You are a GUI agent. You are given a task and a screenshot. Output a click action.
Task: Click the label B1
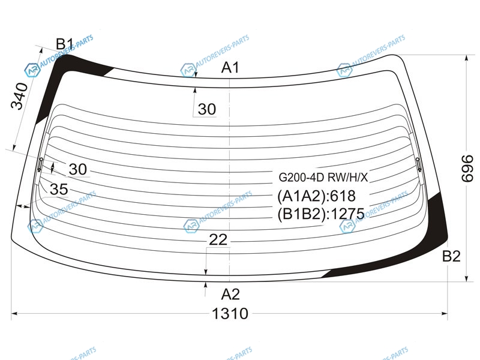pos(65,44)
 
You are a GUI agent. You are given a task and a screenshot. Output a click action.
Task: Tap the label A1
pos(230,67)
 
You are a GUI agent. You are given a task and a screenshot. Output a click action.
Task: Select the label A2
pos(230,294)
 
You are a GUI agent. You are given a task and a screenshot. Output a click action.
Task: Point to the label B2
pos(452,256)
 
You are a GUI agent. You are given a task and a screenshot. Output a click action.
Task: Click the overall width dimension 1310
pos(230,314)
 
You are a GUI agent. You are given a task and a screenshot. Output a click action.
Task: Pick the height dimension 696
pos(467,169)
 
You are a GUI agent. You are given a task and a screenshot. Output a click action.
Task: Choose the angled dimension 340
pos(19,96)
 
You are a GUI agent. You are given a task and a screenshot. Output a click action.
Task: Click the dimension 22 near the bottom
pos(218,239)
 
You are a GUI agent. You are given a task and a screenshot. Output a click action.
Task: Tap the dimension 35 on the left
pos(59,189)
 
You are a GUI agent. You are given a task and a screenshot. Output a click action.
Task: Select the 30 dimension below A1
pos(207,109)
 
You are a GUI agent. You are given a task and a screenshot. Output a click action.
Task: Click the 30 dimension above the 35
pos(78,169)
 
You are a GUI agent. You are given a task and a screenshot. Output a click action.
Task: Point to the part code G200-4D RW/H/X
pos(323,177)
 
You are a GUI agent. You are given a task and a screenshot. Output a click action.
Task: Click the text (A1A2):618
pos(317,196)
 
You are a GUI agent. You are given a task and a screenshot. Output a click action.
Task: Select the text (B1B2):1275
pos(321,214)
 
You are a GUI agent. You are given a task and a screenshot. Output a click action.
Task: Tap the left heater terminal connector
pos(40,164)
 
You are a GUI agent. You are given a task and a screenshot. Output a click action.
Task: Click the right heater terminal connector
pos(419,164)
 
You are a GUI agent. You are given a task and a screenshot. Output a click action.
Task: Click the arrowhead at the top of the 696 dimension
pos(466,59)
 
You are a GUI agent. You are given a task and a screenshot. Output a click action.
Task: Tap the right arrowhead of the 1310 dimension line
pos(444,313)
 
